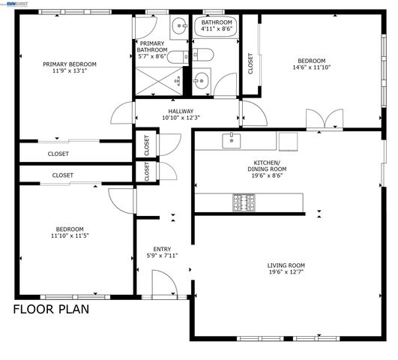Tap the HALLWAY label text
180,111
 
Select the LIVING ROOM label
286,265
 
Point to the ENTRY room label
161,249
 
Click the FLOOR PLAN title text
51,308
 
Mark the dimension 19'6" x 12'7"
286,271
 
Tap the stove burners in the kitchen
243,202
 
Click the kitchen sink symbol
231,139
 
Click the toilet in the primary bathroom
177,57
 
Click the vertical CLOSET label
250,65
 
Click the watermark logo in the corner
13,4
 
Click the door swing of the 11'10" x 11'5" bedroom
119,199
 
